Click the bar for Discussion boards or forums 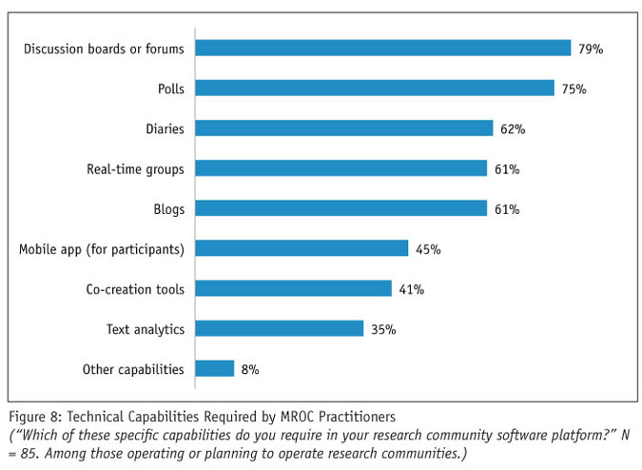tap(382, 48)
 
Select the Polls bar tap(375, 88)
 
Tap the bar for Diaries tap(344, 128)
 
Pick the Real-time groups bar tap(340, 168)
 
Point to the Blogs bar tap(340, 208)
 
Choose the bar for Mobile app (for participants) tap(302, 248)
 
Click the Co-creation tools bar tap(293, 288)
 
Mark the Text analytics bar tap(280, 328)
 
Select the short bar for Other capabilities tap(215, 368)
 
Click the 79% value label tap(590, 49)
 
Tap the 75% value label tap(574, 88)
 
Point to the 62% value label tap(513, 128)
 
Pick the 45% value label tap(427, 249)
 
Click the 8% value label tap(249, 369)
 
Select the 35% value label tap(383, 329)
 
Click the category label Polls tap(170, 88)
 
